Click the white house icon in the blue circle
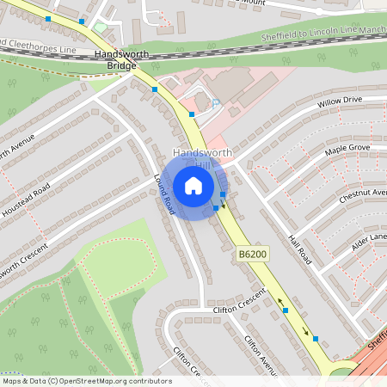coord(193,186)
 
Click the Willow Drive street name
coord(341,103)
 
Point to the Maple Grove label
coord(347,150)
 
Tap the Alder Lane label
coord(369,240)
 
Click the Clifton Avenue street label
coord(259,354)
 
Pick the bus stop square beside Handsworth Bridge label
coord(155,89)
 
